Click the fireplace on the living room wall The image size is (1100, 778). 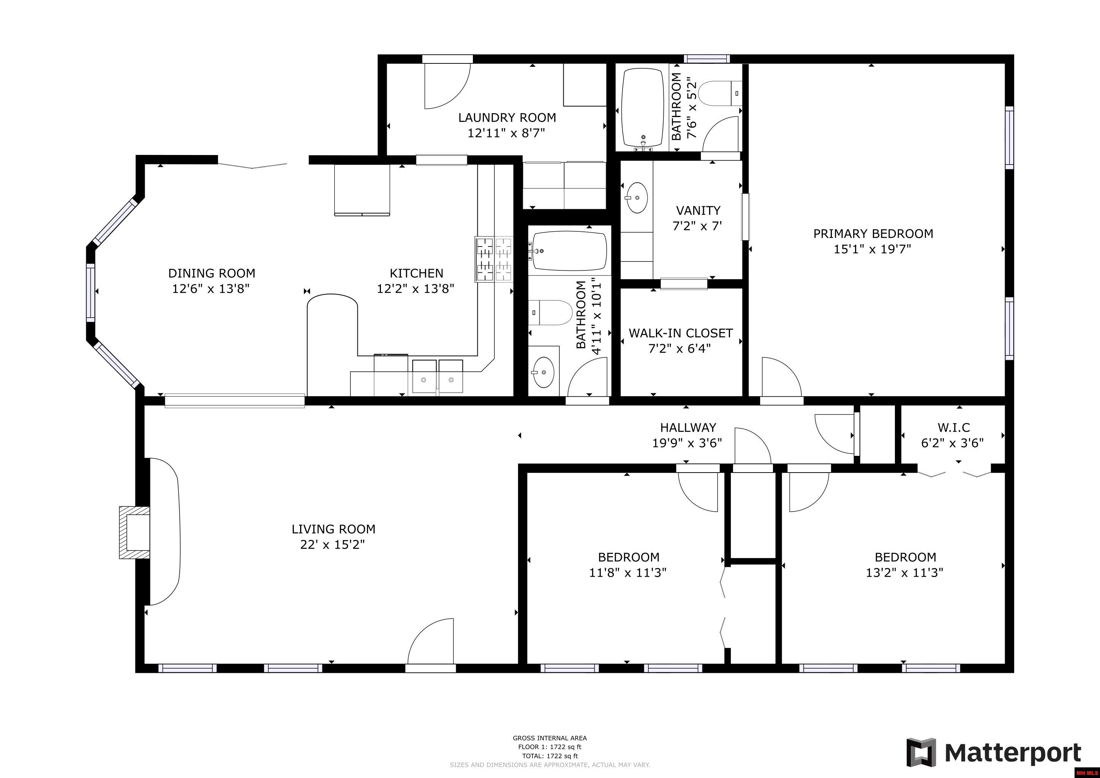pyautogui.click(x=134, y=532)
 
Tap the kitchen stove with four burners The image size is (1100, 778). pyautogui.click(x=494, y=259)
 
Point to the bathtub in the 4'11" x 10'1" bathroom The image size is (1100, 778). pyautogui.click(x=569, y=251)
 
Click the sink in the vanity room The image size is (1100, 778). pyautogui.click(x=637, y=197)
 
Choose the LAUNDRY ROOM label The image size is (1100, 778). pyautogui.click(x=507, y=117)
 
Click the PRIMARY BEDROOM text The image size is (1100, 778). pyautogui.click(x=873, y=234)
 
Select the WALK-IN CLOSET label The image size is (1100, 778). pyautogui.click(x=680, y=333)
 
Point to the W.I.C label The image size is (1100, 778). pyautogui.click(x=953, y=427)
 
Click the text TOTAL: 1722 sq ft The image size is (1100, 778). pyautogui.click(x=550, y=756)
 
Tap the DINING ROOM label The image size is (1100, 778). pyautogui.click(x=211, y=274)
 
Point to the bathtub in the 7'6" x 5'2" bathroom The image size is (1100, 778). pyautogui.click(x=642, y=108)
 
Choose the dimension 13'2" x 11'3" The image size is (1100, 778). pyautogui.click(x=904, y=572)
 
